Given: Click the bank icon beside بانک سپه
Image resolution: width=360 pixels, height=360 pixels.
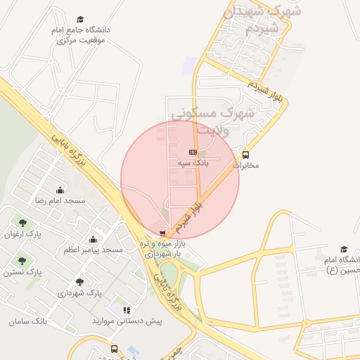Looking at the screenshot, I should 193,152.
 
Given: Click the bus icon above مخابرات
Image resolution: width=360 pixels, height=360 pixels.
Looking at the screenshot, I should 245,155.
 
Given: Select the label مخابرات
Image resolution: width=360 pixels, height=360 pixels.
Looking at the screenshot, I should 246,166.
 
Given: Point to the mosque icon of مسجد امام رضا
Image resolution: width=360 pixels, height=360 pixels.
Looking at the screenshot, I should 59,190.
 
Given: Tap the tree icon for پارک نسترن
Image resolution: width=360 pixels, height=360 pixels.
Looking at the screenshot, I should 21,261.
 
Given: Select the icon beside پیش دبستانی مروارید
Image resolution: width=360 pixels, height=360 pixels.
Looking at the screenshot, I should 127,309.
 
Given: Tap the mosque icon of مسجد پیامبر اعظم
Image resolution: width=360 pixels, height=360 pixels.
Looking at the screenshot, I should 94,239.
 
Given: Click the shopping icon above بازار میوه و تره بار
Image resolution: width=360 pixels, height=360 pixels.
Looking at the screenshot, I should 163,233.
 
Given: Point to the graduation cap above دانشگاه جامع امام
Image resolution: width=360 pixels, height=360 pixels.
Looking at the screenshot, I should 80,20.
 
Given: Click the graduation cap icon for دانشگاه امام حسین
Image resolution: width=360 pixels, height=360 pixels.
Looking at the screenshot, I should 344,250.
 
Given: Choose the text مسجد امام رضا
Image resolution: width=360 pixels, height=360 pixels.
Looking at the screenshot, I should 60,200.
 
